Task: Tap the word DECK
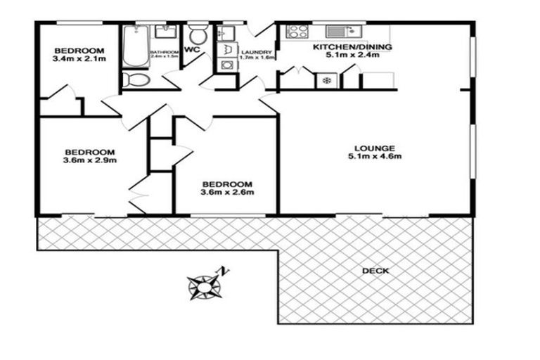tap(375, 271)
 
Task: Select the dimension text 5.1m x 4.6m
tap(375, 157)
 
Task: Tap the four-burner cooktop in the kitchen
tap(297, 31)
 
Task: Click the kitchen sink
tap(344, 31)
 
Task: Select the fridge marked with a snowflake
tap(326, 80)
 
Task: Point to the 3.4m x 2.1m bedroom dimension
tap(79, 60)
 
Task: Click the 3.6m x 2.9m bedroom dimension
tap(90, 160)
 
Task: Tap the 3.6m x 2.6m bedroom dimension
tap(226, 192)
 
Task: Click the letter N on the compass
tap(223, 270)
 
